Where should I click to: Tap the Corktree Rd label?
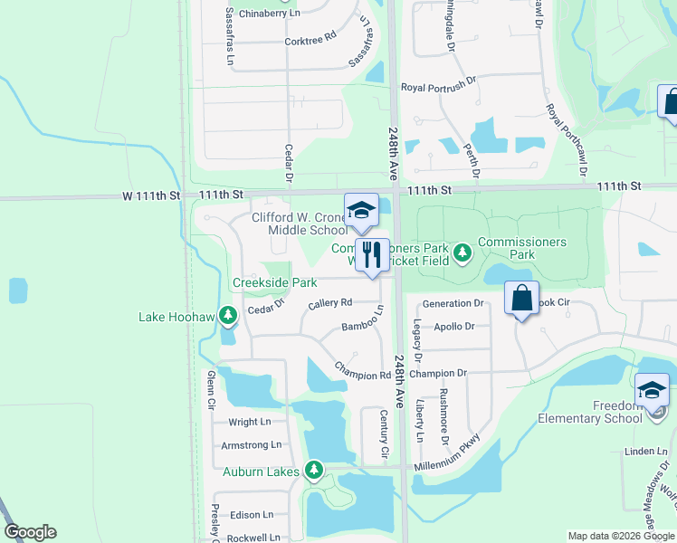point(310,41)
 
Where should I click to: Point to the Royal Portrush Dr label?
point(438,88)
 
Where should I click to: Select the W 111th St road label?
point(152,195)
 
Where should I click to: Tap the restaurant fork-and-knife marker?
point(371,255)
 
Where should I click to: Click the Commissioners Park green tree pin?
point(462,251)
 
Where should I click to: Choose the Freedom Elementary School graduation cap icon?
point(652,390)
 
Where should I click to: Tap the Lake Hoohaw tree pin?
point(229,314)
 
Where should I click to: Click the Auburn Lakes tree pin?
point(313,469)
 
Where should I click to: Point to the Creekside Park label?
point(275,283)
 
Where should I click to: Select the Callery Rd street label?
point(329,304)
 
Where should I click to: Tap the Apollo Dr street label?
point(454,326)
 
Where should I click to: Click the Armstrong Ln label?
point(252,445)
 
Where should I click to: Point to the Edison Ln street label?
point(252,514)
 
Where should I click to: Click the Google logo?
point(31,532)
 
